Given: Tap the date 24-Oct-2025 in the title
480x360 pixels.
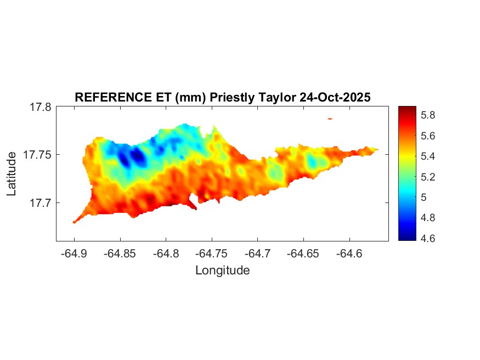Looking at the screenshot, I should pyautogui.click(x=335, y=97).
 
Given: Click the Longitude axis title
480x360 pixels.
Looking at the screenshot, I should pyautogui.click(x=222, y=270).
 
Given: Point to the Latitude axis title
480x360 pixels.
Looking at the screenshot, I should pyautogui.click(x=12, y=174).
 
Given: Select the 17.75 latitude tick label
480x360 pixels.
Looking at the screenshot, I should pyautogui.click(x=37, y=155).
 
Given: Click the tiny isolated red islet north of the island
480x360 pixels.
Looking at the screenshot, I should pyautogui.click(x=330, y=118).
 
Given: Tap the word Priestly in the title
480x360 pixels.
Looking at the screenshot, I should pyautogui.click(x=234, y=97).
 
